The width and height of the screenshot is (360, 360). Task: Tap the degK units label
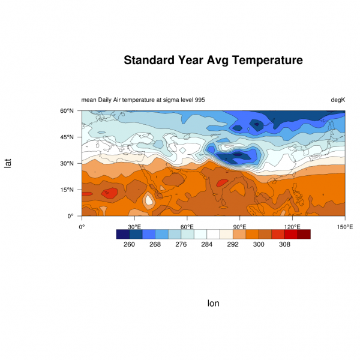point(338,100)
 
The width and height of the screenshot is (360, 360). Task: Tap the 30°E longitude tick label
point(134,227)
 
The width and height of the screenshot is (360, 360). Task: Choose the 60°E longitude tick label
point(187,227)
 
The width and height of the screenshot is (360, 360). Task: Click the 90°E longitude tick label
point(240,227)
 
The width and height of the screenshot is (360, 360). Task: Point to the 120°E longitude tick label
point(292,227)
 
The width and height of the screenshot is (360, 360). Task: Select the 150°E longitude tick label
point(345,227)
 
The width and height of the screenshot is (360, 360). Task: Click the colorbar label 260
point(129,245)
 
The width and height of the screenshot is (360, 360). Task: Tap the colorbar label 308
point(284,245)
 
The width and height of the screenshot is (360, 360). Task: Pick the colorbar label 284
point(207,245)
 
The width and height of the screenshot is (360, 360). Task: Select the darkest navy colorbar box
point(122,235)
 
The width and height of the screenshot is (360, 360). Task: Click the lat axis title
point(8,163)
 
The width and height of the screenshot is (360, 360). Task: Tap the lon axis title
point(213,304)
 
